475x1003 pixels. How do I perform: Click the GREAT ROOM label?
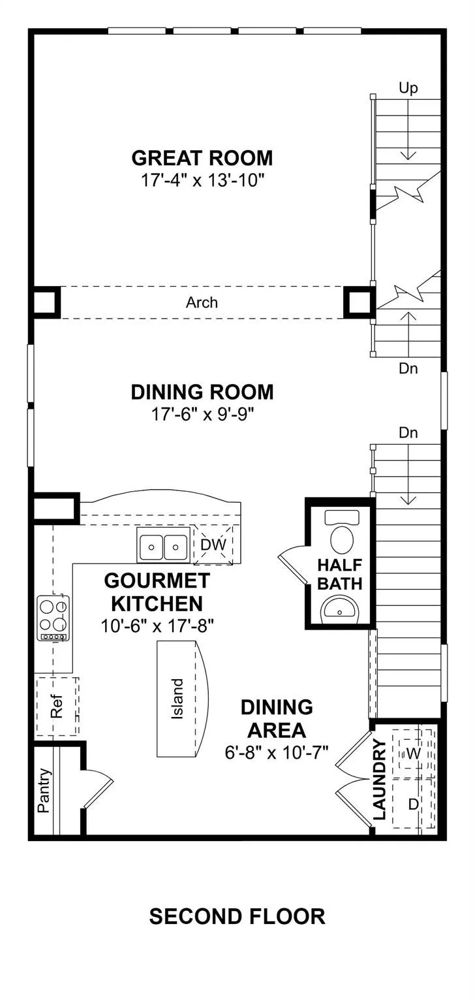[x=202, y=158]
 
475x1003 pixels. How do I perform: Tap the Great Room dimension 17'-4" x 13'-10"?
[x=203, y=180]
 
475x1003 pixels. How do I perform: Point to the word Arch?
[x=202, y=303]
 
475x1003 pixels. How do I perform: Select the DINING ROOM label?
[x=202, y=392]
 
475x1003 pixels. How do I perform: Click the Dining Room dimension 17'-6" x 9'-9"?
[x=203, y=415]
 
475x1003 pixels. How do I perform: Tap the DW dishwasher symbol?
[x=214, y=545]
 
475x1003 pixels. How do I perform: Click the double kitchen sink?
[x=163, y=545]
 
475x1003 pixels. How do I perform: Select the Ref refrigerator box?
[x=57, y=706]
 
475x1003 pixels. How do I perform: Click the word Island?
[x=177, y=699]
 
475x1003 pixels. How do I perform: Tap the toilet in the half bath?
[x=342, y=533]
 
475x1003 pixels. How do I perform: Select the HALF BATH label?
[x=340, y=575]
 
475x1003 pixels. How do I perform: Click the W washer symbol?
[x=413, y=754]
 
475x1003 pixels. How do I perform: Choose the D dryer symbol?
[x=413, y=804]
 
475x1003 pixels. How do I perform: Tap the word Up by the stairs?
[x=408, y=88]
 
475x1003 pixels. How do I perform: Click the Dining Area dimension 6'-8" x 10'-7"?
[x=277, y=753]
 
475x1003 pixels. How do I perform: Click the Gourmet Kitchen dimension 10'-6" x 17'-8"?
[x=157, y=626]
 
